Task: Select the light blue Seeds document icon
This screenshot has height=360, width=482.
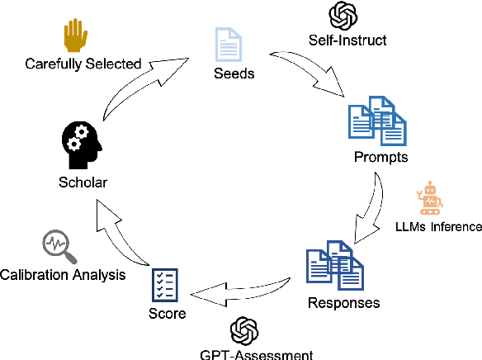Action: click(x=229, y=43)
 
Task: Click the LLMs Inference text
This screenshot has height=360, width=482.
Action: click(x=438, y=226)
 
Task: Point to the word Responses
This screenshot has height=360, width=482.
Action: click(x=344, y=302)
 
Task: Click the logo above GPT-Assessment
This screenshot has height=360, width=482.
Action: click(x=243, y=329)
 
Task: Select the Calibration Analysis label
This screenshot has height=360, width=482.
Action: click(x=64, y=275)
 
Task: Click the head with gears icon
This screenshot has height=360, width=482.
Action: click(x=82, y=145)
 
